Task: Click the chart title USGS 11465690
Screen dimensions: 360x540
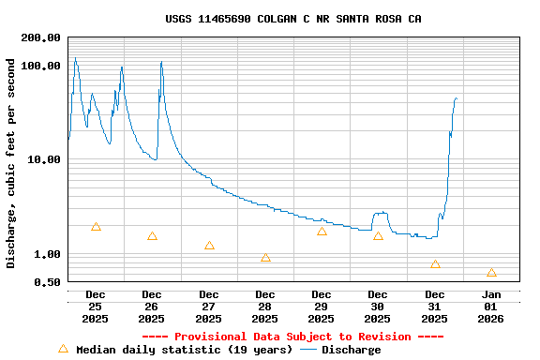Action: point(292,19)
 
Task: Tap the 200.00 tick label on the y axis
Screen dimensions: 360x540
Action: point(40,37)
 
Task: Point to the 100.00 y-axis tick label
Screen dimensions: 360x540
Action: point(40,66)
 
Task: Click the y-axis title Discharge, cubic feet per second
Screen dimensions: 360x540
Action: point(11,163)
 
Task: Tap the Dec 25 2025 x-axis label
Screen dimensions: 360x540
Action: point(96,307)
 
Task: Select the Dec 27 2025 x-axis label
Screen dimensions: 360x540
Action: point(209,307)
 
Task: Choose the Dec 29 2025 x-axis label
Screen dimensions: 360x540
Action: point(322,307)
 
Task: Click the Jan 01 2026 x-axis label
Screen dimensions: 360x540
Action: point(491,307)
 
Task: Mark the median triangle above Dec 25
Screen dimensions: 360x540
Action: point(96,227)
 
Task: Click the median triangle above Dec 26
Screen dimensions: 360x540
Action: point(152,236)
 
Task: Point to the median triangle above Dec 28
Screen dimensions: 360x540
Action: point(265,258)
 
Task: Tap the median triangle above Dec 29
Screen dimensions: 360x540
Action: point(322,232)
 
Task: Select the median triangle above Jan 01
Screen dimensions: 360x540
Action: point(491,273)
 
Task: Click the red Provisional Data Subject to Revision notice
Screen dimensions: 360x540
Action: point(292,337)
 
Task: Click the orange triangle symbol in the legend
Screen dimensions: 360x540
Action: point(63,349)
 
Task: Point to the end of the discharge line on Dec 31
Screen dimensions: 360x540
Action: point(457,97)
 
